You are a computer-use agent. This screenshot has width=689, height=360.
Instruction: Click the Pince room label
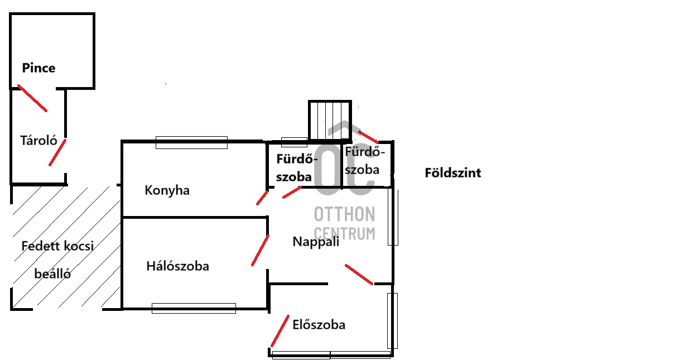click(x=38, y=68)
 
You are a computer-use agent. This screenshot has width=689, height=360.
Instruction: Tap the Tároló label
click(x=38, y=141)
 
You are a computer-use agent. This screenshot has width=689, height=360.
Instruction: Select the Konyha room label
click(x=167, y=190)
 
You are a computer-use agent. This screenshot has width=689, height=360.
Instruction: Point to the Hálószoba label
click(x=177, y=266)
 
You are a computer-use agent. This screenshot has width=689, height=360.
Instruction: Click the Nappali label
click(x=316, y=242)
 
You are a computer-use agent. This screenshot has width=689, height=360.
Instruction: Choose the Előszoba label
click(x=319, y=325)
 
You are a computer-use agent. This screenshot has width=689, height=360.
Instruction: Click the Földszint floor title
click(x=453, y=173)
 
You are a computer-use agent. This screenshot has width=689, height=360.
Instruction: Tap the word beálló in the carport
click(x=52, y=273)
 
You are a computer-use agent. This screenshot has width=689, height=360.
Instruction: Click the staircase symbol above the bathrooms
click(x=330, y=121)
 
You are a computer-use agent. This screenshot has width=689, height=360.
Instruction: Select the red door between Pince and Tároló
click(x=32, y=98)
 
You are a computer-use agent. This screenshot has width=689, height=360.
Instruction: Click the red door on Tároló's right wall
click(x=57, y=152)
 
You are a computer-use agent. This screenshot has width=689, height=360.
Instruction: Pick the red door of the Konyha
click(x=262, y=198)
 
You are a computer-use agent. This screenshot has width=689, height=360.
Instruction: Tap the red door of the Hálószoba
click(x=260, y=251)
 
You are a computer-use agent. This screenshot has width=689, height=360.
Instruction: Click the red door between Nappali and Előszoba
click(x=359, y=274)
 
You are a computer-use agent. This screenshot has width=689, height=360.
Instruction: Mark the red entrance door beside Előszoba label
click(x=280, y=331)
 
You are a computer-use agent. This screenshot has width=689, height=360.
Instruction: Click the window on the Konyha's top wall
click(x=191, y=142)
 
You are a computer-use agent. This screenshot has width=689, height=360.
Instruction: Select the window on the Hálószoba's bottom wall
click(x=194, y=308)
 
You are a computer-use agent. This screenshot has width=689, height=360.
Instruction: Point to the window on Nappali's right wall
click(x=393, y=217)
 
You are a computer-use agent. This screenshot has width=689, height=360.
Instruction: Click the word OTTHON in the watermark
click(x=345, y=214)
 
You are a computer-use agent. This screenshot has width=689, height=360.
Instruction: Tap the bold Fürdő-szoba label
click(x=297, y=168)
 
